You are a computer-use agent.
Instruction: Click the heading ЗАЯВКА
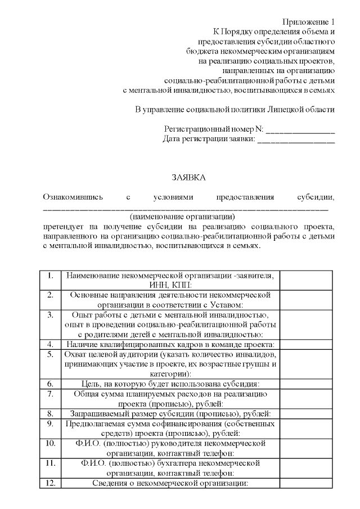(x=188, y=178)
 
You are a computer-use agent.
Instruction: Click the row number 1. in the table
(x=51, y=276)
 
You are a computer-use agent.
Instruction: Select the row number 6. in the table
(x=51, y=384)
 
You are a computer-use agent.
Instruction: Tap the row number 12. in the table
(x=51, y=483)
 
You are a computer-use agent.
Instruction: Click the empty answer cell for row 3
(x=307, y=325)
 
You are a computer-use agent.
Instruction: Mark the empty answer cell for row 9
(x=307, y=428)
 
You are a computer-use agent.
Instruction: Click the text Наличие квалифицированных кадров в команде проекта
(x=170, y=344)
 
